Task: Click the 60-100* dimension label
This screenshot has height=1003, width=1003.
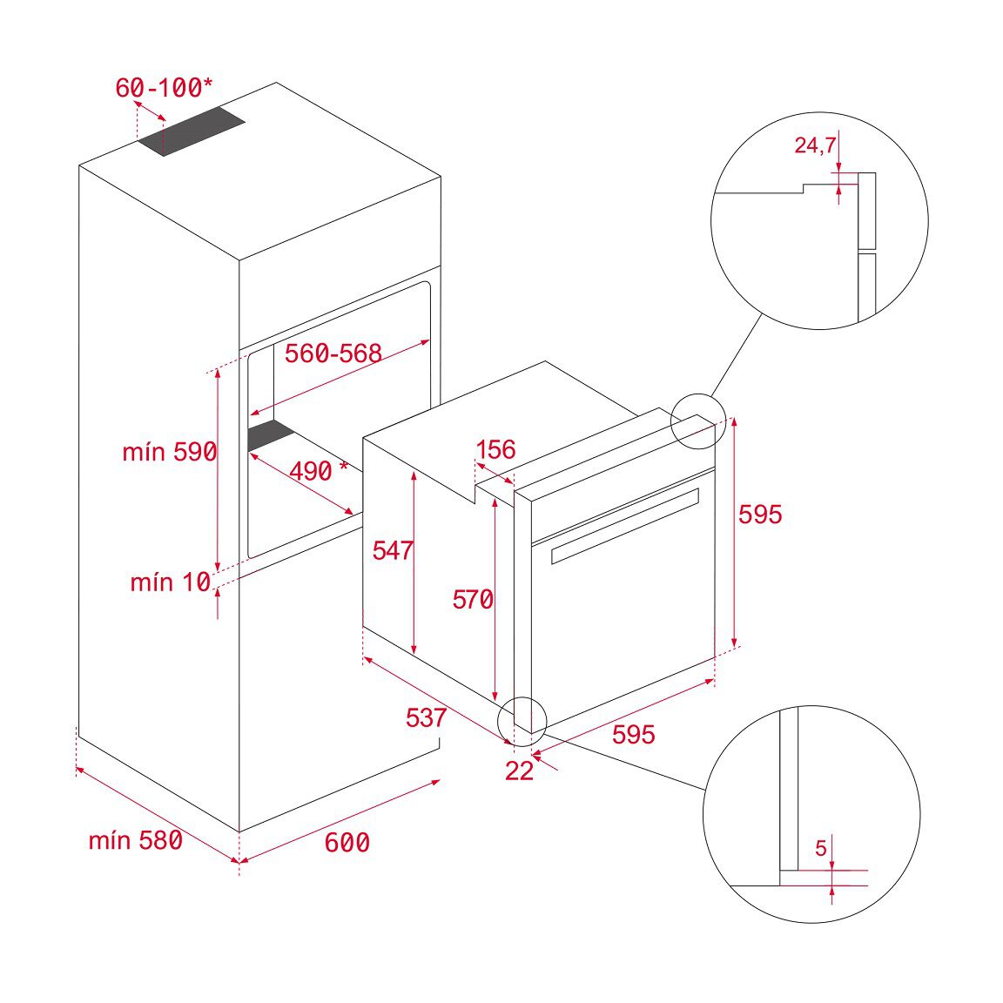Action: point(163,88)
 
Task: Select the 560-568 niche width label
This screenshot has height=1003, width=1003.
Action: point(333,353)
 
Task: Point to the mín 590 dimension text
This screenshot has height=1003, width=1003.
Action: point(169,452)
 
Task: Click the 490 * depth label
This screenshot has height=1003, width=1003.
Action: point(318,471)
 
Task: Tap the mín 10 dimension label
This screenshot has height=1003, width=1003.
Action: point(170,582)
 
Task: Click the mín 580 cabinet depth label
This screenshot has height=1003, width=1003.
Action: point(135,840)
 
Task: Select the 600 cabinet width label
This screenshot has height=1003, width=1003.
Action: point(347,843)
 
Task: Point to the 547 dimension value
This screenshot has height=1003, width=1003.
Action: point(393,550)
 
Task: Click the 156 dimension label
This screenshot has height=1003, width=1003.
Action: point(496,450)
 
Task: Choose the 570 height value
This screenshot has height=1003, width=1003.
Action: point(472,599)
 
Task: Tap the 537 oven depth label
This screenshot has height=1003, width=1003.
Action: point(426,717)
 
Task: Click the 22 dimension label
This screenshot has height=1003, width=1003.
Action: point(519,771)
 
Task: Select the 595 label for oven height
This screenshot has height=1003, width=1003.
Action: point(760,515)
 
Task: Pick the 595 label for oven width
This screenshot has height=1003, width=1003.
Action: point(633,735)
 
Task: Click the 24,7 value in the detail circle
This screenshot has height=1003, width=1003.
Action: point(814,145)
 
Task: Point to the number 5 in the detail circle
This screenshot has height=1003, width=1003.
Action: point(820,848)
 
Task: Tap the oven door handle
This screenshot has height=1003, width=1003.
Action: point(625,526)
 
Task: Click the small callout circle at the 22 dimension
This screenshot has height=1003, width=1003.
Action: point(522,720)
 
